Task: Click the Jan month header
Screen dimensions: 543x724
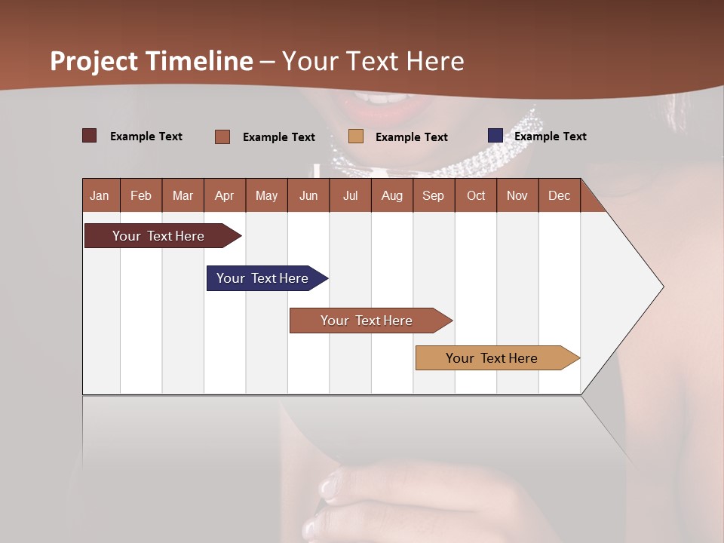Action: point(100,195)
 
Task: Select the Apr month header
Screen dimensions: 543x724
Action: point(224,195)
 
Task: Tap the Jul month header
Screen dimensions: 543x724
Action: point(350,195)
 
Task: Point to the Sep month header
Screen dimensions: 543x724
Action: point(433,195)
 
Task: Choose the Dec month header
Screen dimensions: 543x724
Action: point(559,195)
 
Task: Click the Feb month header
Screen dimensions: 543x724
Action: point(141,195)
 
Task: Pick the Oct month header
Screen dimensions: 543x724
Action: point(476,195)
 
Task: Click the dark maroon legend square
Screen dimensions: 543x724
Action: point(90,136)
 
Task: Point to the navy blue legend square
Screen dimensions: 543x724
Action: point(495,136)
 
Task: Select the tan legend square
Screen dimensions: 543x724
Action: point(356,137)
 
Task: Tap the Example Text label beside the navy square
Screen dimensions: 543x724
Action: point(551,137)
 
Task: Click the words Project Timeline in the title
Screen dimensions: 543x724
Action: point(152,61)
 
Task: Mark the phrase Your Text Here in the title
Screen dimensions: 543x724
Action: point(373,61)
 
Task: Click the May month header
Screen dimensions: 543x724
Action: point(266,195)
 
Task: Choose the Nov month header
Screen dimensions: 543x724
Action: point(517,195)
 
